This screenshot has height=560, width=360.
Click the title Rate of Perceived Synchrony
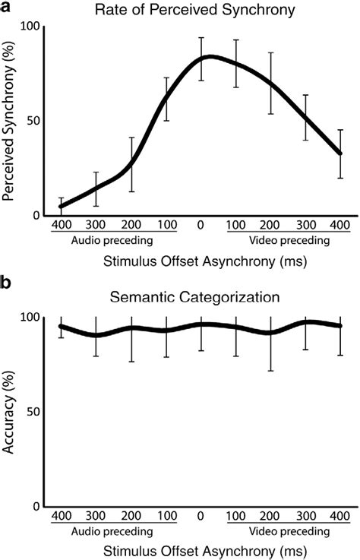(200, 11)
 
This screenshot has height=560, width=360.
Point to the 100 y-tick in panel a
(30, 27)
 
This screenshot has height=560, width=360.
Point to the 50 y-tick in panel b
(32, 411)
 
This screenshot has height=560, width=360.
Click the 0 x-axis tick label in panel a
(201, 226)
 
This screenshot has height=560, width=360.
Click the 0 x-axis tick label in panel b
(201, 517)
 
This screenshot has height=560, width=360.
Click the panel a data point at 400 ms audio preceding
(61, 206)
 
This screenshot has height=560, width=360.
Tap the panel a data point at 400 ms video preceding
(340, 153)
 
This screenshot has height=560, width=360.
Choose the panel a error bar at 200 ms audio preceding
(131, 163)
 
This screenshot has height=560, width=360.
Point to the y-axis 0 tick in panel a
(36, 215)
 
